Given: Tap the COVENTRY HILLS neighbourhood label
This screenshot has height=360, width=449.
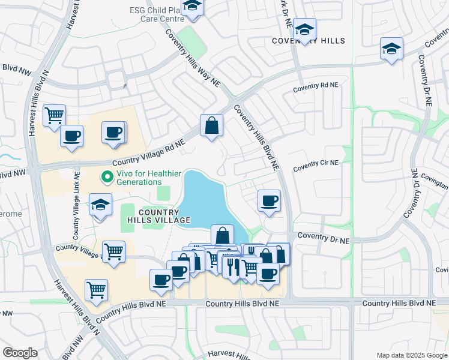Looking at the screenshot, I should [309, 41].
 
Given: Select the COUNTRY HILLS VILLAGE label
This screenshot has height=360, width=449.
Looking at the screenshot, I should [158, 216].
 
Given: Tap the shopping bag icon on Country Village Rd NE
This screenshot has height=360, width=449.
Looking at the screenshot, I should [211, 126].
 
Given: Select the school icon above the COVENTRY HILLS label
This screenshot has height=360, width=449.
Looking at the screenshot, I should [305, 29].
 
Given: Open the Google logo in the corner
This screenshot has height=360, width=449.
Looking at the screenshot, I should [20, 353].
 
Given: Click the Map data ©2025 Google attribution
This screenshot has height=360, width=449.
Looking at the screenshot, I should [411, 355].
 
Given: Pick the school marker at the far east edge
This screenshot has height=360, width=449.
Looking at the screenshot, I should [391, 49].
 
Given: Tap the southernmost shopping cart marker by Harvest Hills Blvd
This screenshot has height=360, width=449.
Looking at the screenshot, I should [96, 290].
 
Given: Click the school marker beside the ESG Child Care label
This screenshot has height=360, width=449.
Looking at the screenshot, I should [192, 7].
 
